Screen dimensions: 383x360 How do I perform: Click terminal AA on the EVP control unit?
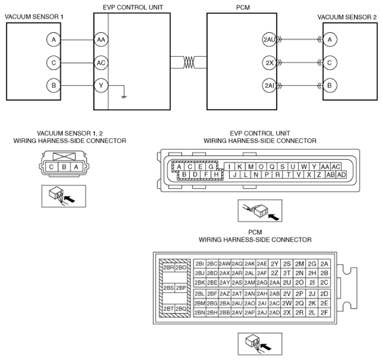(x=101, y=39)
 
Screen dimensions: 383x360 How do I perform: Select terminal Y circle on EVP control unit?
(x=101, y=85)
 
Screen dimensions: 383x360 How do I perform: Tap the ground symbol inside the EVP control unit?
(x=124, y=97)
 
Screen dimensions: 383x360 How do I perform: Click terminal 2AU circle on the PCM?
(x=269, y=39)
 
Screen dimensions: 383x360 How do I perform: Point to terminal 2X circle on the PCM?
(x=269, y=63)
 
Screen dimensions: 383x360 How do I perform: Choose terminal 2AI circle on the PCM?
(x=269, y=85)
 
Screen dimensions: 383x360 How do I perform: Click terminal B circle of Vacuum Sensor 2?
(x=330, y=85)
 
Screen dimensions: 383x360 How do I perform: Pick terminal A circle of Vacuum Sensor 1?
(x=53, y=39)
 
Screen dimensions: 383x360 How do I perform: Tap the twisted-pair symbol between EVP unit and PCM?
(x=189, y=62)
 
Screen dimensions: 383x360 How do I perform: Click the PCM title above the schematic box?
(x=243, y=8)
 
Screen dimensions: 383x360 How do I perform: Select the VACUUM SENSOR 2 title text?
(x=347, y=17)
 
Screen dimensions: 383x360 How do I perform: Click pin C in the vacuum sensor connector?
(x=51, y=167)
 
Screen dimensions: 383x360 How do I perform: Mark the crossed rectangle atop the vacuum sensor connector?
(x=64, y=156)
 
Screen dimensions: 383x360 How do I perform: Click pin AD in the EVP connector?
(x=341, y=175)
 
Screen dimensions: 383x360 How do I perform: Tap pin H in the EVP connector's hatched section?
(x=216, y=175)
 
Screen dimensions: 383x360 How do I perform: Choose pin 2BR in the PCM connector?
(x=169, y=268)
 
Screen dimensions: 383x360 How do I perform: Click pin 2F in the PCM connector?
(x=324, y=313)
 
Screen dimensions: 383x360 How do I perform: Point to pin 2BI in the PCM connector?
(x=200, y=264)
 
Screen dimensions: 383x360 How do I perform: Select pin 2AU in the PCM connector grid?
(x=237, y=303)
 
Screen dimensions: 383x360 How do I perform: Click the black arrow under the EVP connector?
(x=273, y=217)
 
